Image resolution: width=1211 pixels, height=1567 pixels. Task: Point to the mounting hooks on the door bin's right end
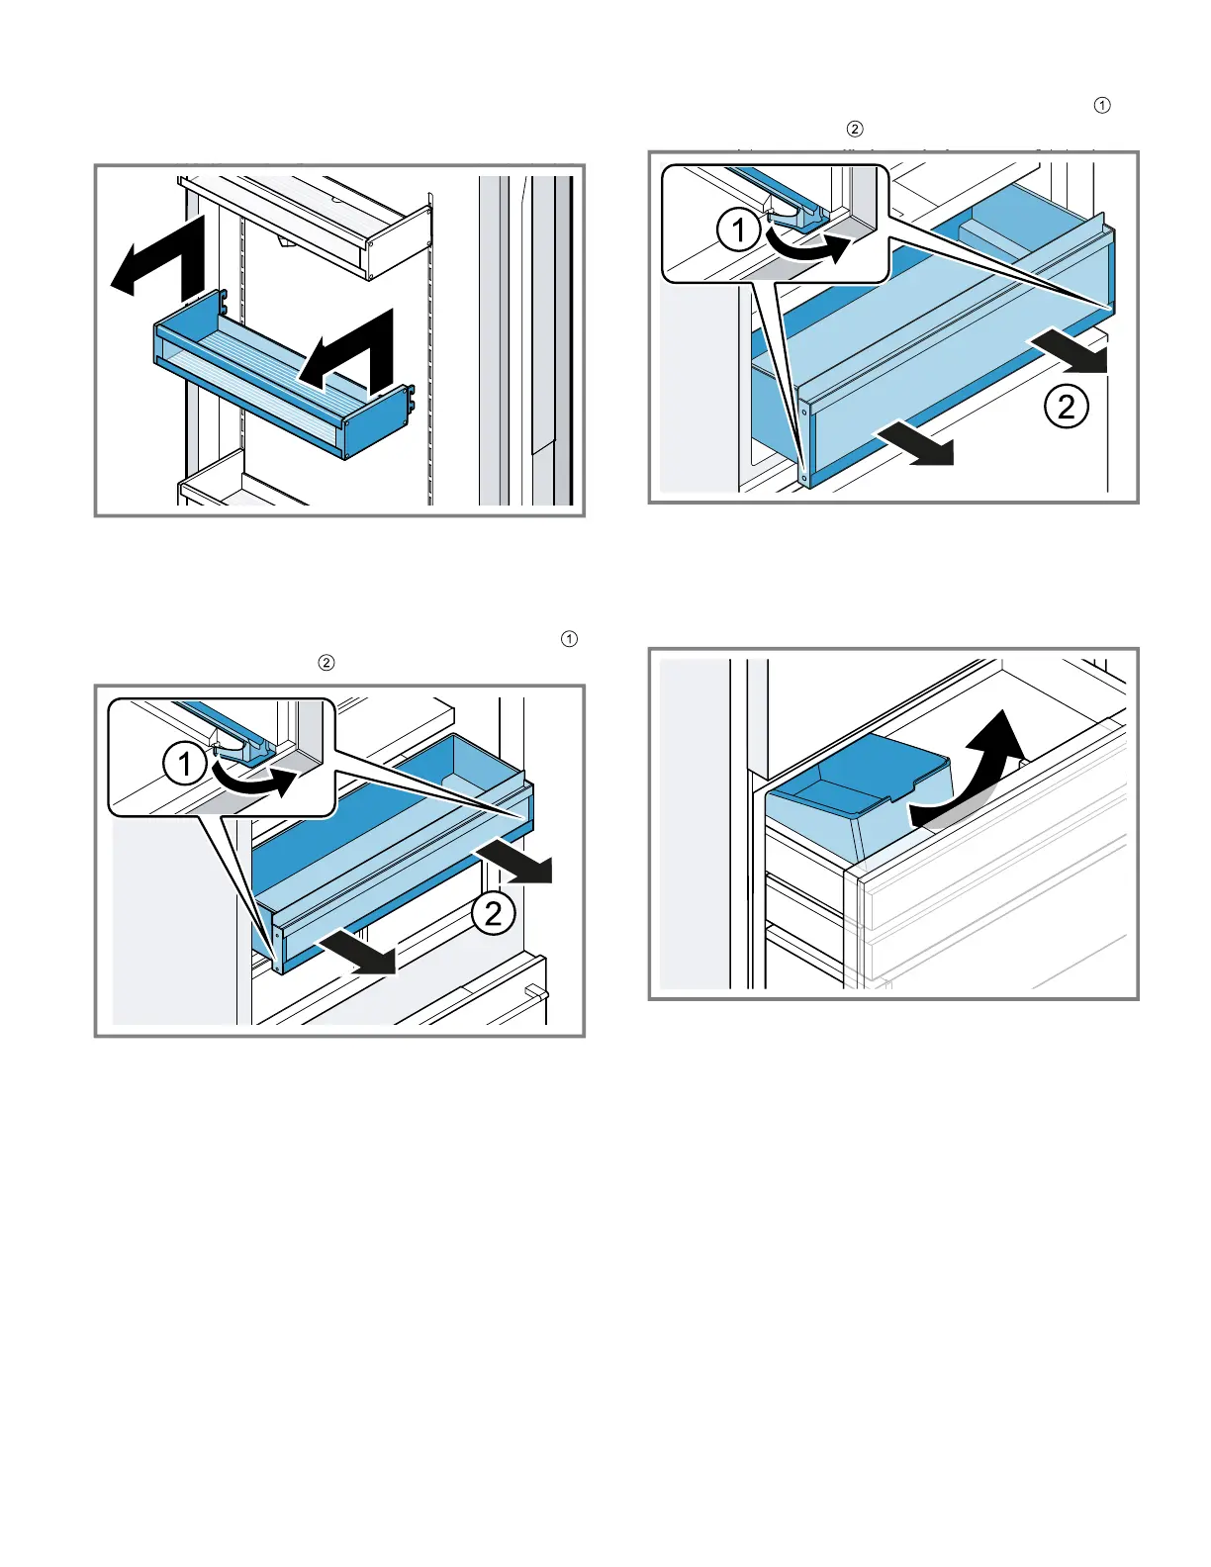pyautogui.click(x=412, y=398)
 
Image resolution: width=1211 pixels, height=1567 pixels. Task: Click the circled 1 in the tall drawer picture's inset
pyautogui.click(x=738, y=230)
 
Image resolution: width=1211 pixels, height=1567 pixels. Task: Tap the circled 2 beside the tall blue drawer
pyautogui.click(x=1066, y=407)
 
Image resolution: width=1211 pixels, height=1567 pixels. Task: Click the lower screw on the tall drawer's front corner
pyautogui.click(x=805, y=477)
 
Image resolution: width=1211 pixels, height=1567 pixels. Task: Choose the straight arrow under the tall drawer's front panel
pyautogui.click(x=914, y=445)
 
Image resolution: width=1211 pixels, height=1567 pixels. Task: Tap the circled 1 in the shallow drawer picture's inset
pyautogui.click(x=184, y=764)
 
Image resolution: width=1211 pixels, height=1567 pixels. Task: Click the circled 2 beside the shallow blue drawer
pyautogui.click(x=494, y=914)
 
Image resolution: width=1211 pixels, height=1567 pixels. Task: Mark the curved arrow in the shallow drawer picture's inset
pyautogui.click(x=254, y=780)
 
